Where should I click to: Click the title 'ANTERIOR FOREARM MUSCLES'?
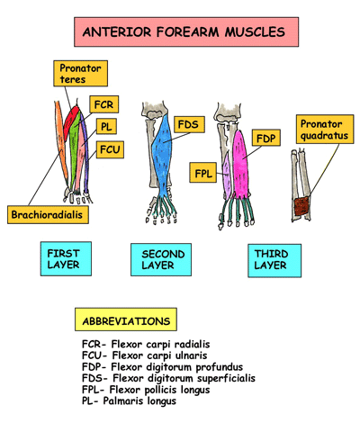[x=184, y=33]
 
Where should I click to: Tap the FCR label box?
[x=103, y=105]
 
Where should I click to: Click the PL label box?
[x=107, y=127]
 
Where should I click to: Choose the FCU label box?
[x=111, y=149]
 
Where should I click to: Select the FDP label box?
[x=265, y=139]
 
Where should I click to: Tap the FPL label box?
[x=202, y=171]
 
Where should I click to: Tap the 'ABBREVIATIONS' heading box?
[x=125, y=320]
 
